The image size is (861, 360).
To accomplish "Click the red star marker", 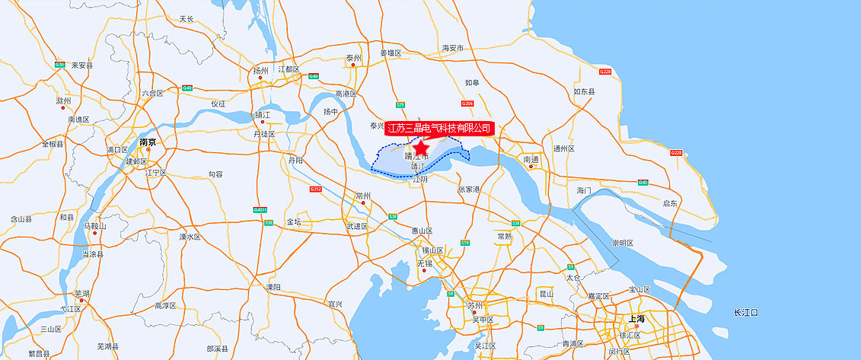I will (419, 145).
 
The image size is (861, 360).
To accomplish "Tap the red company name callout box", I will (439, 128).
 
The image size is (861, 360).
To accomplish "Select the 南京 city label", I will (148, 142).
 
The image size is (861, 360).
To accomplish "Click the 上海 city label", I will (636, 318).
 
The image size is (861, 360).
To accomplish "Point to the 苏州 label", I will (475, 305).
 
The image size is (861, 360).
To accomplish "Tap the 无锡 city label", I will (424, 263).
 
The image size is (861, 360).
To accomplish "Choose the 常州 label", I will (362, 196).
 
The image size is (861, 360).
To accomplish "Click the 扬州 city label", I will (261, 69).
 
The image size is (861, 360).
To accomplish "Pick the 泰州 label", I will (353, 58).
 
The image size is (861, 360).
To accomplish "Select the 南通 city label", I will (531, 159).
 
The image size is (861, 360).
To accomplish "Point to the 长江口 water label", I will (745, 313).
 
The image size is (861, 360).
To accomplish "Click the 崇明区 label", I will (623, 243).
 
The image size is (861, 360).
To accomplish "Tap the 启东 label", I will (670, 203).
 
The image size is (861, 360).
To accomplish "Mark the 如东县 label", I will (584, 91).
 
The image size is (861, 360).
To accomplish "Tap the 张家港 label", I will (470, 189).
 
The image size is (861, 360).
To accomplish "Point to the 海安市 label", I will (453, 48).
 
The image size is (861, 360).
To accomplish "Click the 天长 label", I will (187, 18).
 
